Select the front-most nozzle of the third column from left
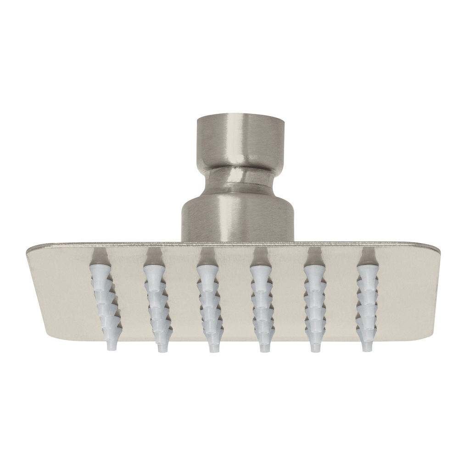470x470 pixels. click(x=212, y=345)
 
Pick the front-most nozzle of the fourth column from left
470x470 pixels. click(x=264, y=345)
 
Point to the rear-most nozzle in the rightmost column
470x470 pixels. click(x=365, y=271)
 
